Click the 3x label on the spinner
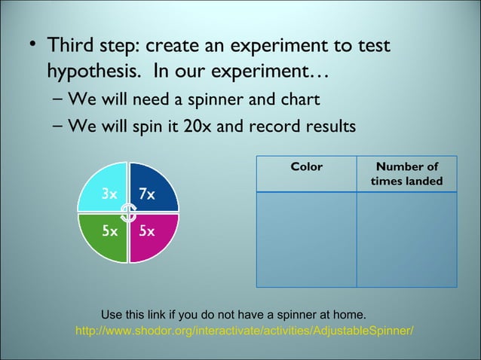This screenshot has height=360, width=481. click(109, 194)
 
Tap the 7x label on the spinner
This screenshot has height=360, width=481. click(146, 194)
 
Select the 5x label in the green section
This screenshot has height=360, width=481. click(109, 231)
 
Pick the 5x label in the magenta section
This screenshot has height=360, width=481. click(146, 231)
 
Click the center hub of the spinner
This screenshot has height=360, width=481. click(128, 213)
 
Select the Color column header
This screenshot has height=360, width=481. click(306, 167)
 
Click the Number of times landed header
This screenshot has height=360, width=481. click(406, 174)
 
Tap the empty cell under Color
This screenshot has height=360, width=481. click(306, 239)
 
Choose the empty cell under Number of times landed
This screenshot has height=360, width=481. click(406, 239)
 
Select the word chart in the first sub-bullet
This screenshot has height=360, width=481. click(299, 99)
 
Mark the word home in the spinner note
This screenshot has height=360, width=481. click(348, 313)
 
